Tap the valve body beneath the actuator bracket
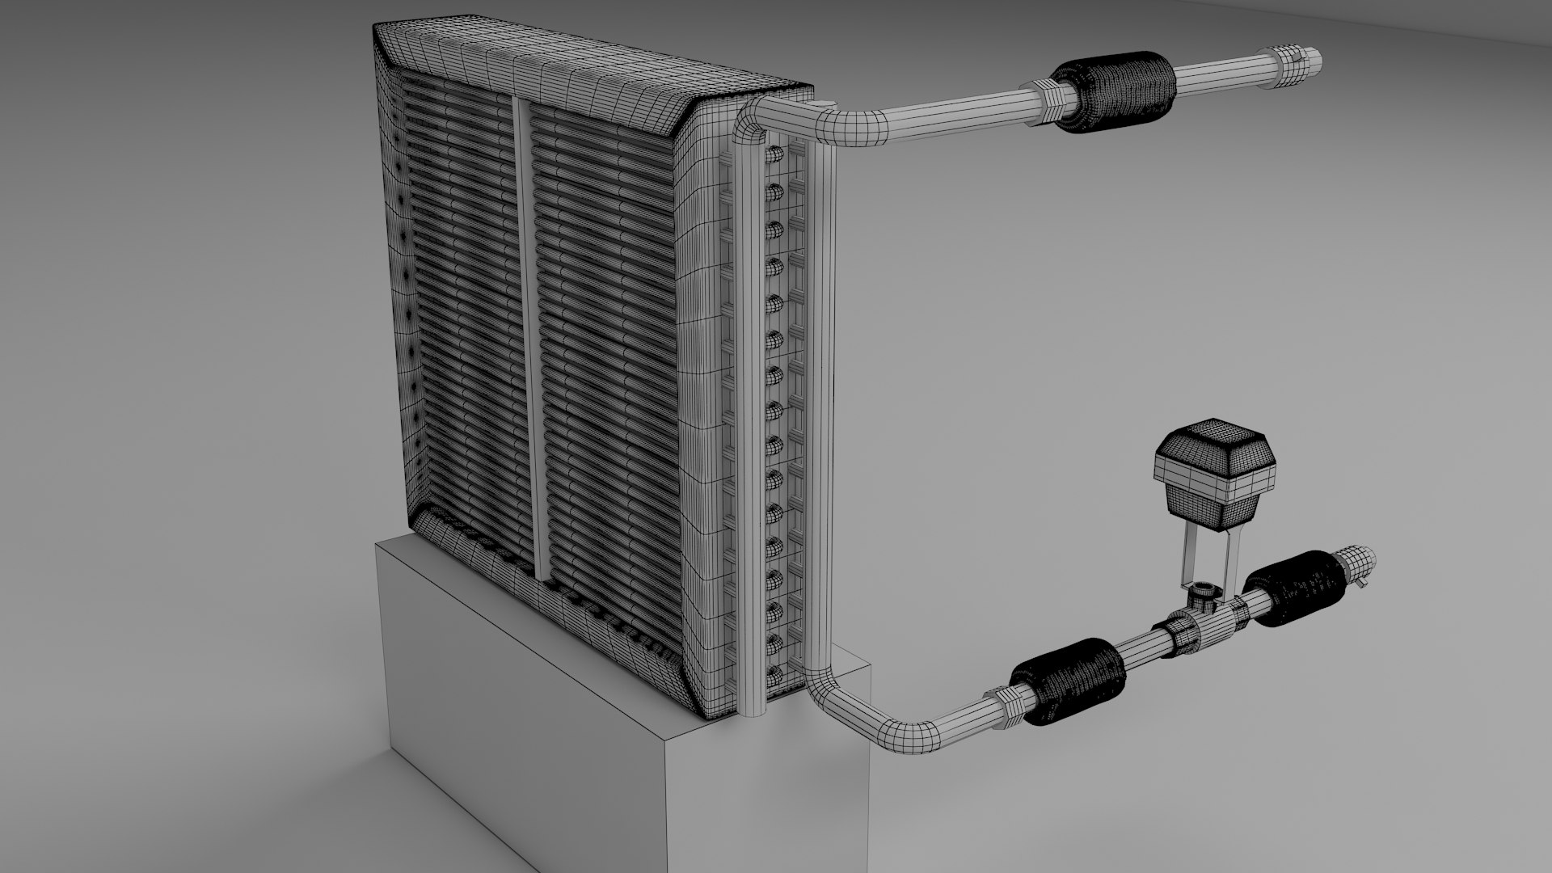(x=1204, y=602)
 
